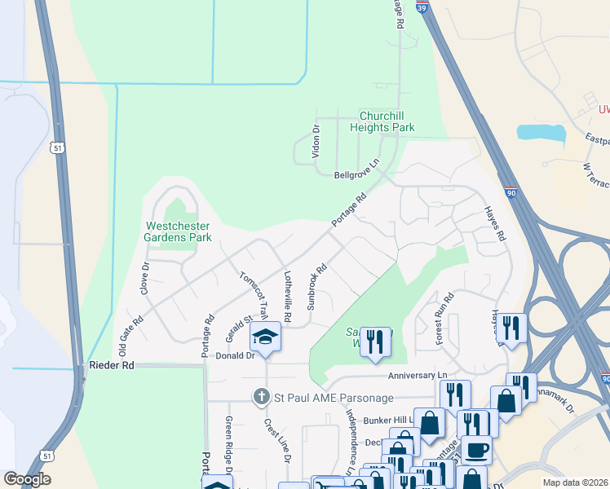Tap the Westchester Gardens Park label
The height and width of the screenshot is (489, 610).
coord(179,231)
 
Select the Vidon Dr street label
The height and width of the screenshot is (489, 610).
coord(316,141)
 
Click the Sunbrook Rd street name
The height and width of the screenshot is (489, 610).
coord(316,286)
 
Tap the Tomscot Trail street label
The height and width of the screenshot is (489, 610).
coord(254,293)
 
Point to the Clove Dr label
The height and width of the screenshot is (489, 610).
coord(145,278)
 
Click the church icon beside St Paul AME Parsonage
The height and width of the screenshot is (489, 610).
coord(261,397)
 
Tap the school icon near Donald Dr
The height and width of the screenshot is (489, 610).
coord(265,336)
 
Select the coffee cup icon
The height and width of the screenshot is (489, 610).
coord(476,449)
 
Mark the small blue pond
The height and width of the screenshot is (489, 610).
coord(541,133)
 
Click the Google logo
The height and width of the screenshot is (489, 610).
coord(27,479)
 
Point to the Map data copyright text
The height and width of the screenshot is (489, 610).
coord(575,482)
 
